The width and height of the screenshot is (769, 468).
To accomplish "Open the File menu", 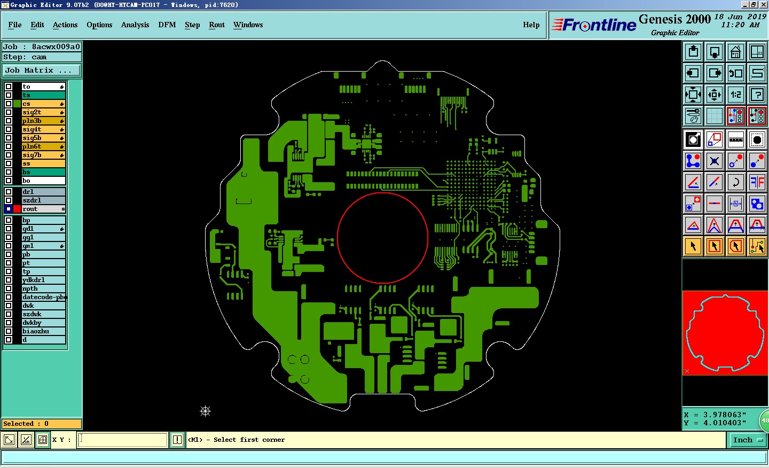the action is (x=15, y=25).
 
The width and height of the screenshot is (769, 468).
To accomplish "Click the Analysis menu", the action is (x=135, y=25).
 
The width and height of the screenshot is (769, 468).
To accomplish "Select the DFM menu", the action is (x=167, y=25).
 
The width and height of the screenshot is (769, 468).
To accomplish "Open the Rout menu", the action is (x=217, y=25).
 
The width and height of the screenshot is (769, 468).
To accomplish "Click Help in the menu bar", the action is (x=531, y=25).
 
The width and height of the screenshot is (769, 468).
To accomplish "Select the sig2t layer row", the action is (x=43, y=112).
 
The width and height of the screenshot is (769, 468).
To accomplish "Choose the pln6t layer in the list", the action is (x=43, y=146).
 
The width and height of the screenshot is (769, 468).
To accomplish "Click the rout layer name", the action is (x=30, y=209).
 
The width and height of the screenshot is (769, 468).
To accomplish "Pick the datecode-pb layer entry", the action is (x=43, y=297).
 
